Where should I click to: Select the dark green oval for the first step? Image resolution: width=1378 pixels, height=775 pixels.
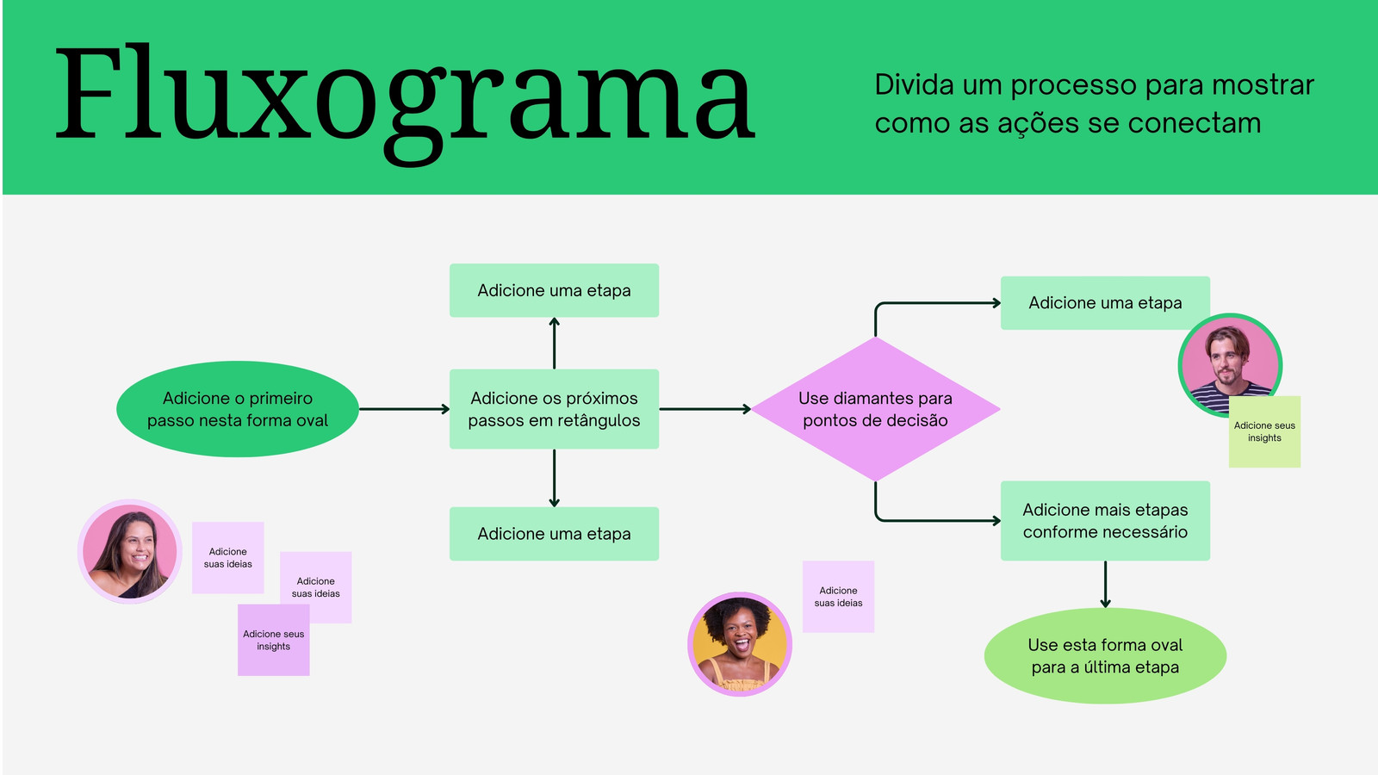point(237,409)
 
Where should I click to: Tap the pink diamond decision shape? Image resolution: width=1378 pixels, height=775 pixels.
point(875,409)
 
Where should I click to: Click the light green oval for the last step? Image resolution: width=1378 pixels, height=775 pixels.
point(1105,656)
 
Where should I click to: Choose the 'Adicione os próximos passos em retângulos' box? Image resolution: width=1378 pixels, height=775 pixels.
point(554,409)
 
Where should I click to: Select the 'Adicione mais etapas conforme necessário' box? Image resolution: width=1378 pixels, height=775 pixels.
point(1105,521)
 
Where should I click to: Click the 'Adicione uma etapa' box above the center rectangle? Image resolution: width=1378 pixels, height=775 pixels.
point(554,290)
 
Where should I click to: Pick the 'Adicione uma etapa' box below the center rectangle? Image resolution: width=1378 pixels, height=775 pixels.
point(554,534)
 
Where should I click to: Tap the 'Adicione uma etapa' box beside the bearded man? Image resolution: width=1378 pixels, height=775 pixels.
point(1105,303)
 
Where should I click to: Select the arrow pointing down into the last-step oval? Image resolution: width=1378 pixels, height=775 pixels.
point(1105,585)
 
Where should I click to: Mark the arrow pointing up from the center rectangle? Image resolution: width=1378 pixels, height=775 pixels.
point(554,343)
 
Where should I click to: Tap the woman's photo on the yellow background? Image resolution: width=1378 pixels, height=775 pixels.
point(739,643)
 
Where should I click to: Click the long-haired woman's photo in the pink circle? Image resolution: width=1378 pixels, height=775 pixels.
point(130,551)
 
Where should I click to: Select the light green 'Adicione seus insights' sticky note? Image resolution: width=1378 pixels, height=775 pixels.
point(1264,432)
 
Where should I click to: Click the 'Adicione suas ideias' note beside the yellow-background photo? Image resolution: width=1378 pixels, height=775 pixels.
point(838,597)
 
